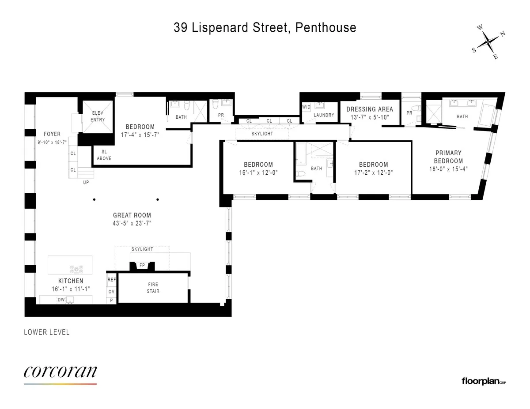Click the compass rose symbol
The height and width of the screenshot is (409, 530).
point(488,42)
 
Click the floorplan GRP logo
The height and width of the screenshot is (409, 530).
point(483,381)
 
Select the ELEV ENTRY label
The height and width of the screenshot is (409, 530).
point(98,116)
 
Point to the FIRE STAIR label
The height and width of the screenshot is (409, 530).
point(153,288)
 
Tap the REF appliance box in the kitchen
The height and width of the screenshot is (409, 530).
point(111,280)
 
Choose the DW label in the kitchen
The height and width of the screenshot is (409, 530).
point(61,300)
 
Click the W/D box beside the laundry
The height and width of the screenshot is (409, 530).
point(307,107)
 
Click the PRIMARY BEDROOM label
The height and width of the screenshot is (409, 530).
point(448,157)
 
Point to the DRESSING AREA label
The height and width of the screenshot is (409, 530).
point(369,109)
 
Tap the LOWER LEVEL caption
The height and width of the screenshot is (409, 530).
point(47,332)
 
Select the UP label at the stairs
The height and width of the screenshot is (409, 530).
point(86,182)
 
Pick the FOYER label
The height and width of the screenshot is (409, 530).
point(52,134)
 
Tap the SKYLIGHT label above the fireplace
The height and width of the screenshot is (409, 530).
point(142,249)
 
